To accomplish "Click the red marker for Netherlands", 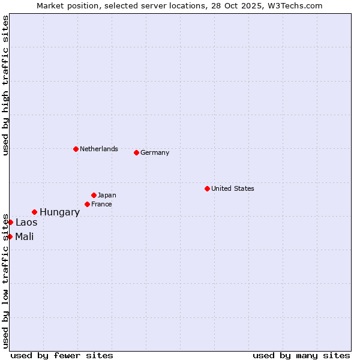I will click(x=76, y=149).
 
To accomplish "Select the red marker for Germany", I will click(x=136, y=152).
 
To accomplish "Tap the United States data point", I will click(x=207, y=188).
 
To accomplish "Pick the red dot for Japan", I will click(x=94, y=195).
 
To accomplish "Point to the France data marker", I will click(x=87, y=204).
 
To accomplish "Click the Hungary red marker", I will click(x=34, y=212).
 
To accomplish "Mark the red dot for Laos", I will click(x=10, y=222).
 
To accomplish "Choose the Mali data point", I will click(x=10, y=236).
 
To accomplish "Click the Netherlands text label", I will click(x=99, y=149).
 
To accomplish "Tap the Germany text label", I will click(x=155, y=152).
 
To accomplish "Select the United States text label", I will click(x=233, y=188).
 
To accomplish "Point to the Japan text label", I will click(x=107, y=195).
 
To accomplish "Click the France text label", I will click(x=101, y=204).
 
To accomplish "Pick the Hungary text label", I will click(x=59, y=212).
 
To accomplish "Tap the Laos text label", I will click(x=26, y=222).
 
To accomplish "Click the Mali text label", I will click(x=25, y=236).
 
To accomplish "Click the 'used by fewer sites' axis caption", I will click(x=62, y=355).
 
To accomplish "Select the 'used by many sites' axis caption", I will click(x=301, y=355).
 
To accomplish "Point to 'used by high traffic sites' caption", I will click(x=5, y=85).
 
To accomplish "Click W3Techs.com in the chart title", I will click(x=294, y=5).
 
